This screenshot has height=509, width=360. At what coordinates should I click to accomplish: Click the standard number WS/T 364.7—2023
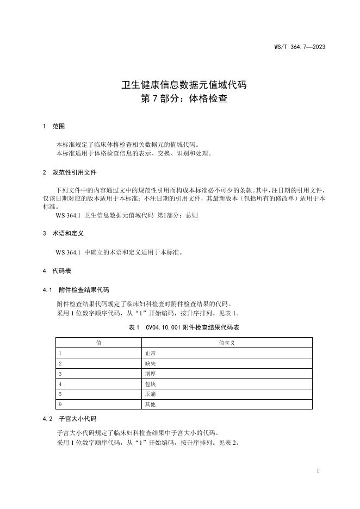[x=300, y=47]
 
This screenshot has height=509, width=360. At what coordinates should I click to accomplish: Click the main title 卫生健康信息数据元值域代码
[x=184, y=85]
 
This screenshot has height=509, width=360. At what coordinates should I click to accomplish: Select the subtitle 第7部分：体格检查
[x=184, y=100]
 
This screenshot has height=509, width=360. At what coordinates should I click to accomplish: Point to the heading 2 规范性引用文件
[x=69, y=172]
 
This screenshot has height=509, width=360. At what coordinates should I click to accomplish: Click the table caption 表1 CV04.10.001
[x=184, y=328]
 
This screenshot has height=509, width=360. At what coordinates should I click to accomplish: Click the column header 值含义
[x=226, y=343]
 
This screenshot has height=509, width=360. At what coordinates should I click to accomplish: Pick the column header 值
[x=98, y=343]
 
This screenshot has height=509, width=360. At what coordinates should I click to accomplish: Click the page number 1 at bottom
[x=318, y=470]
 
